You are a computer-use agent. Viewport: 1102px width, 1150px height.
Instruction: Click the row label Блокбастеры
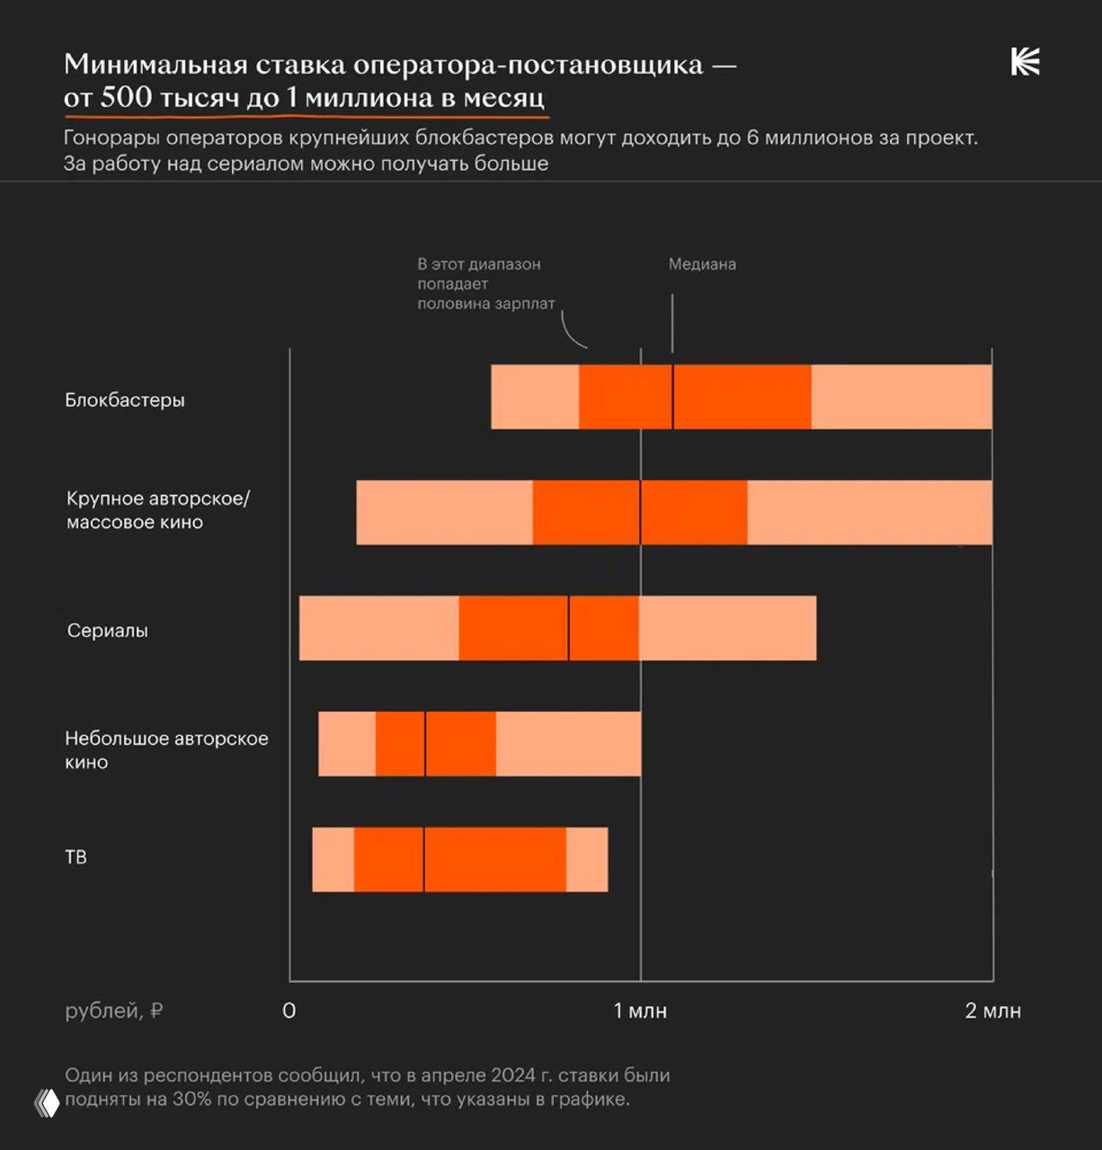click(125, 400)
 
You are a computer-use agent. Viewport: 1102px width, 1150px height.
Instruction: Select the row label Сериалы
click(108, 631)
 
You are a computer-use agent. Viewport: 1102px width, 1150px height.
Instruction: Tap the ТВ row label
click(76, 857)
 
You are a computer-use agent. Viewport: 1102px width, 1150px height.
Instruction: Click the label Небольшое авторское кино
click(166, 750)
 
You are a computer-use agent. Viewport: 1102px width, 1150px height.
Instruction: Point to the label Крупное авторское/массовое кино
click(158, 510)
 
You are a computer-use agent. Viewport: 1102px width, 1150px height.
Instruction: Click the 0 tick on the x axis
click(289, 1011)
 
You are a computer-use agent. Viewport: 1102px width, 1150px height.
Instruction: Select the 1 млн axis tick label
click(640, 1011)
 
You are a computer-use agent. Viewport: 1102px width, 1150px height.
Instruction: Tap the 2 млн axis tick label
click(992, 1011)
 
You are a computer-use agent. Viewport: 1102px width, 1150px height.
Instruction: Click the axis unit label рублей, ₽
click(114, 1011)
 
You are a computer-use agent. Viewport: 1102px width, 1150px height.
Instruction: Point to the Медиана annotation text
click(702, 264)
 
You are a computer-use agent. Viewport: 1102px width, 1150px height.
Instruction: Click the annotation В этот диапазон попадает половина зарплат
click(485, 284)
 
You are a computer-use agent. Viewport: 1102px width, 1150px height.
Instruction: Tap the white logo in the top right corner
click(1025, 63)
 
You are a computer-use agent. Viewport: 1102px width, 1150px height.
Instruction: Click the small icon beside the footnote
click(47, 1102)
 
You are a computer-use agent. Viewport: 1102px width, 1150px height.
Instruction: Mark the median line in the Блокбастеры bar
click(672, 397)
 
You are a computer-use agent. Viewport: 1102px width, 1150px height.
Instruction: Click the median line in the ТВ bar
click(423, 860)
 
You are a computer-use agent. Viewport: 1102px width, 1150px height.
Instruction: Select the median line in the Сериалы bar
click(568, 628)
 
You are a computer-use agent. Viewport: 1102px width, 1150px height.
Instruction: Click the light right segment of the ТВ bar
click(587, 860)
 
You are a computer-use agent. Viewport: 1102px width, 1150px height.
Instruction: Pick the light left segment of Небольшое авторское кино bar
click(347, 744)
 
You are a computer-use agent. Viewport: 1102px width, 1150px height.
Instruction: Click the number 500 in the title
click(126, 97)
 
